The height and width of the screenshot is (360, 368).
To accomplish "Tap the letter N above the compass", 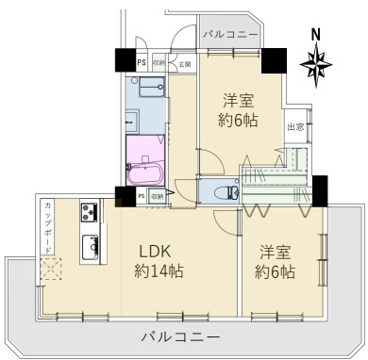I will (x=315, y=35).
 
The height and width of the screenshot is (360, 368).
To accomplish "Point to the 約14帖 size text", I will (x=158, y=272).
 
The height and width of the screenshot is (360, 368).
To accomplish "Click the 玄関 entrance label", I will (x=184, y=64).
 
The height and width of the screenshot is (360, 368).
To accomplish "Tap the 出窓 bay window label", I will (x=295, y=128).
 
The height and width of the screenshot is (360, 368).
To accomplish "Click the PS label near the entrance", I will (x=142, y=64).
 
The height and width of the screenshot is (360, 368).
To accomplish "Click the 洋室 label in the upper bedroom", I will (x=239, y=100).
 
